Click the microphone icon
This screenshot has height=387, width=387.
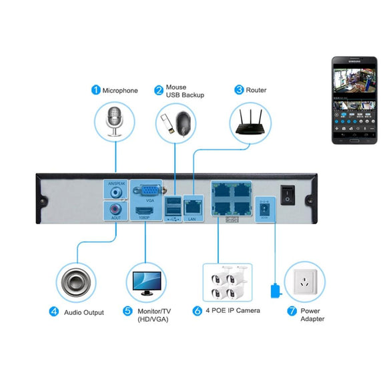(115, 120)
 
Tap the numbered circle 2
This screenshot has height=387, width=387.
(159, 90)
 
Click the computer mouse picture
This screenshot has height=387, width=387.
(186, 124)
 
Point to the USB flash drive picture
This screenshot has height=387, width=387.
(167, 123)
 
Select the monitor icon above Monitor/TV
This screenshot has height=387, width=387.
(145, 282)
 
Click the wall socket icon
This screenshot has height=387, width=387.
(304, 282)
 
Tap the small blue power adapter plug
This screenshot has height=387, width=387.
(274, 292)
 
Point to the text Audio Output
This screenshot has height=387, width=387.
(84, 312)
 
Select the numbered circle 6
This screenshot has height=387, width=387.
(197, 311)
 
